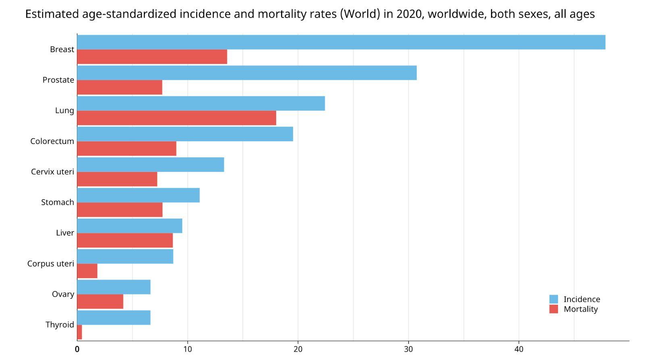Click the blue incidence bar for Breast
[341, 42]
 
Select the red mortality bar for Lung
[177, 118]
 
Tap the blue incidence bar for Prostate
[247, 73]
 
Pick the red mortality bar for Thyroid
[79, 332]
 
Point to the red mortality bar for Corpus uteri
[87, 271]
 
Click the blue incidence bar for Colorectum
[185, 134]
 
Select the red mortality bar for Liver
[125, 240]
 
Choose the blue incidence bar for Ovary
[114, 287]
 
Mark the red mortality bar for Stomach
[120, 210]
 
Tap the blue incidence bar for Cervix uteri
[150, 164]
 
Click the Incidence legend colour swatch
[553, 299]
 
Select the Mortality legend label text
[580, 309]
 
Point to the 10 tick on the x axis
[187, 349]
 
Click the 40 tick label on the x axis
[519, 349]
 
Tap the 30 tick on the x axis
[408, 349]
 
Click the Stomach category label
[58, 202]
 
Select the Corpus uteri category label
[51, 264]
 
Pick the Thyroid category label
[60, 325]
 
